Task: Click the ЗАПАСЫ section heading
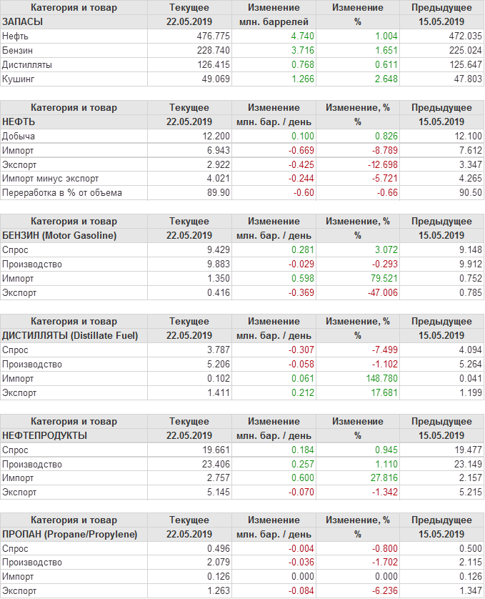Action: [24, 21]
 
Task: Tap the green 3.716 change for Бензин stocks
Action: [299, 50]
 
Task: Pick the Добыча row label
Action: [19, 136]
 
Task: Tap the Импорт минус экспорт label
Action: [51, 179]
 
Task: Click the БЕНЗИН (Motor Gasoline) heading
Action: [59, 235]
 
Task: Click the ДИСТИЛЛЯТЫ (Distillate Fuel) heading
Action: [71, 335]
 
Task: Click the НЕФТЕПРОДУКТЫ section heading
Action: [45, 435]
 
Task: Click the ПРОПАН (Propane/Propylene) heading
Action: [70, 534]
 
